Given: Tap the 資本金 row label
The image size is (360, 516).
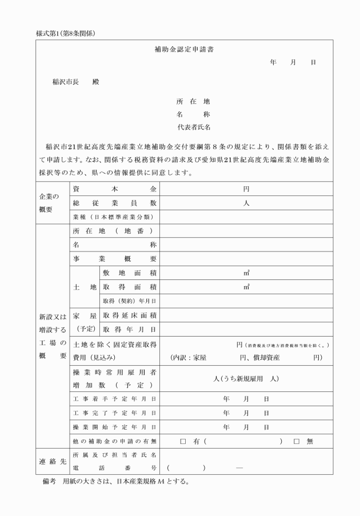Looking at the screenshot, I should coord(114,189).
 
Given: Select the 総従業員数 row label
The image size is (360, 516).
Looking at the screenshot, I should coord(114,203).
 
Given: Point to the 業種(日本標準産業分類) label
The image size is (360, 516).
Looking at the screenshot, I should coord(114,217).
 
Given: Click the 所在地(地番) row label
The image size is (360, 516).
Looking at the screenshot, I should coord(114,231).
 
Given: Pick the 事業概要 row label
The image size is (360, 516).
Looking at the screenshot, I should coord(114,258).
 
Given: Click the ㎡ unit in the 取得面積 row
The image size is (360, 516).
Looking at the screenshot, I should coord(246,287).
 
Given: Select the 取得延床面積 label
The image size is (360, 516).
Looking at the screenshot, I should coord(129,315).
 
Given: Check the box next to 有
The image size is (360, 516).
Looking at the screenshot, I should coord(183,441).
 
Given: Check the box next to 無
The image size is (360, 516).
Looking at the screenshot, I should coord(297,441).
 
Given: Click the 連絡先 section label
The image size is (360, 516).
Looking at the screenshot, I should coord(52,461).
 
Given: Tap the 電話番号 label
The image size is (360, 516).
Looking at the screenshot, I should coord(114,468).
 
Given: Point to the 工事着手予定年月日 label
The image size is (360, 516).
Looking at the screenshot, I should coord(114,398).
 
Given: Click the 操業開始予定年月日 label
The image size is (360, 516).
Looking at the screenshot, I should coord(114,427).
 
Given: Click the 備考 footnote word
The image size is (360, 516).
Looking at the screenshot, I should coord(49,482).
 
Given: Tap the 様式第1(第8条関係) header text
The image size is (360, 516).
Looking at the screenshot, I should coord(65,33).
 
